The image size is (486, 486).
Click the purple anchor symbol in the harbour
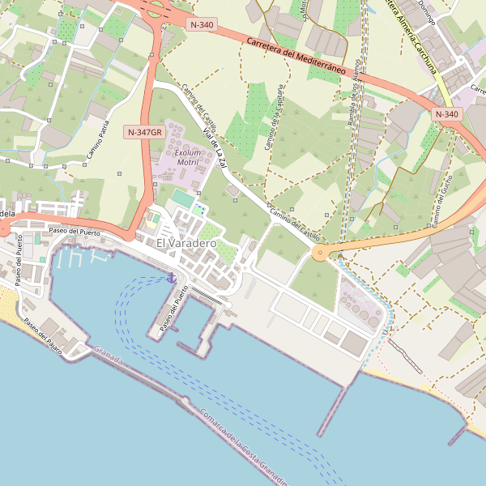click(x=172, y=278)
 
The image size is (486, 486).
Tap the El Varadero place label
click(x=186, y=243)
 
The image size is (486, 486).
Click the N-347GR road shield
click(x=145, y=131)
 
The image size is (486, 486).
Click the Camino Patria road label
click(x=98, y=138)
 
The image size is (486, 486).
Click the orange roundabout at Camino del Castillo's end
click(x=320, y=254)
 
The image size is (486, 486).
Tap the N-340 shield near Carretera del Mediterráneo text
click(x=201, y=25)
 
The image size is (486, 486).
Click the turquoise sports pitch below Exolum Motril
click(x=184, y=198)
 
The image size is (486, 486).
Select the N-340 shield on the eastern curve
click(x=446, y=114)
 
